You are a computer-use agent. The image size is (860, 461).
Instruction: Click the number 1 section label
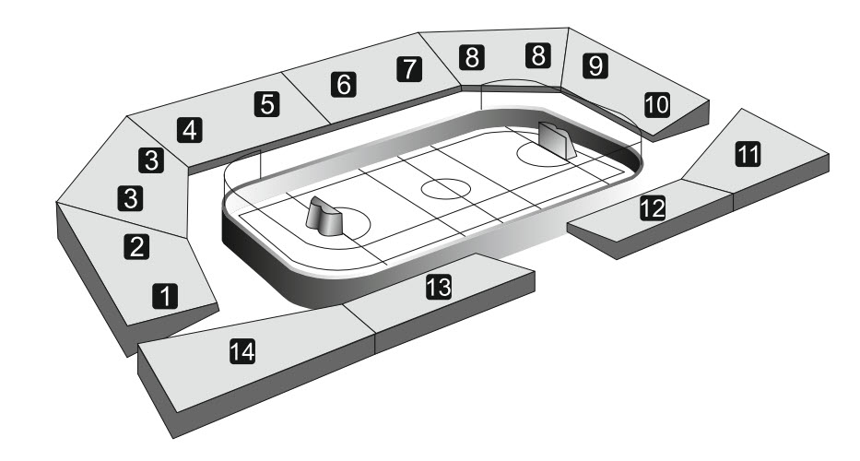[x=165, y=296]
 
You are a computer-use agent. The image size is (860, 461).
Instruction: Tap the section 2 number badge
[x=136, y=246]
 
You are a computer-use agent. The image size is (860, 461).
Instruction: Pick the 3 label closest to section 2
[x=130, y=196]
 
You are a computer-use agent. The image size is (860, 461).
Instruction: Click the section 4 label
[x=190, y=130]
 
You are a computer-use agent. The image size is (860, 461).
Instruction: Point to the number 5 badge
[x=267, y=103]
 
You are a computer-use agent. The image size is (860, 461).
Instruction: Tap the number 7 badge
[x=408, y=68]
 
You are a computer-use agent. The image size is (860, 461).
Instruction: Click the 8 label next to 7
[x=472, y=57]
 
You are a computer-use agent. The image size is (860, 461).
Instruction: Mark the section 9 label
[x=595, y=65]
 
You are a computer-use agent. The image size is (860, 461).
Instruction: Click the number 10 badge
[x=656, y=104]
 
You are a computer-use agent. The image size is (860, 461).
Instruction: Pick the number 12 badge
[x=653, y=208]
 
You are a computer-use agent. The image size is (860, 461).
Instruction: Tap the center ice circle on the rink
[x=446, y=189]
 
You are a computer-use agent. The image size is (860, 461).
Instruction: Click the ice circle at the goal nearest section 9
[x=539, y=152]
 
